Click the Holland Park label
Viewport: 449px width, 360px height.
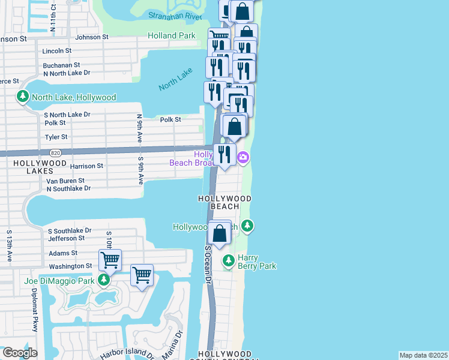(172, 36)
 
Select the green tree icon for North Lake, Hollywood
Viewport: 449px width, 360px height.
(23, 97)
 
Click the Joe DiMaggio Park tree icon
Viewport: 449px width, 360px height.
(104, 280)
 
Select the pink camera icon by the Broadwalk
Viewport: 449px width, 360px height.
(243, 158)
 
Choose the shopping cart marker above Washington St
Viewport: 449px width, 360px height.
(110, 260)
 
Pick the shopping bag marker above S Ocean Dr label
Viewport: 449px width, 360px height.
(220, 233)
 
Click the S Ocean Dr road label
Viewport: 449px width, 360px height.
(208, 264)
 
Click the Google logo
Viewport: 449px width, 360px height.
(19, 353)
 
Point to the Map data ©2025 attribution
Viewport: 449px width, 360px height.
(423, 355)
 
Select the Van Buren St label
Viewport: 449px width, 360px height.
(65, 180)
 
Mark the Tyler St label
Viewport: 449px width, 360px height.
(57, 137)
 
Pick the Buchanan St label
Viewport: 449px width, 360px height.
(61, 65)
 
